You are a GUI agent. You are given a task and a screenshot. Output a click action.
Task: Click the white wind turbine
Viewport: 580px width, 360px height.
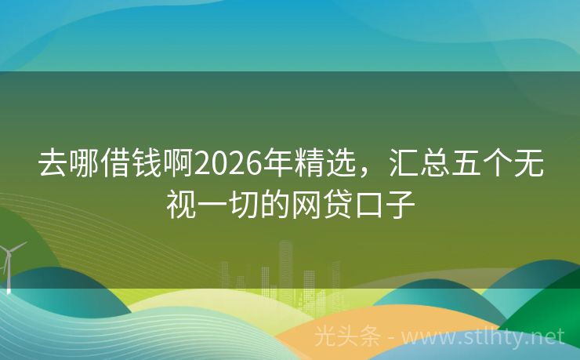pyautogui.click(x=9, y=263)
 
